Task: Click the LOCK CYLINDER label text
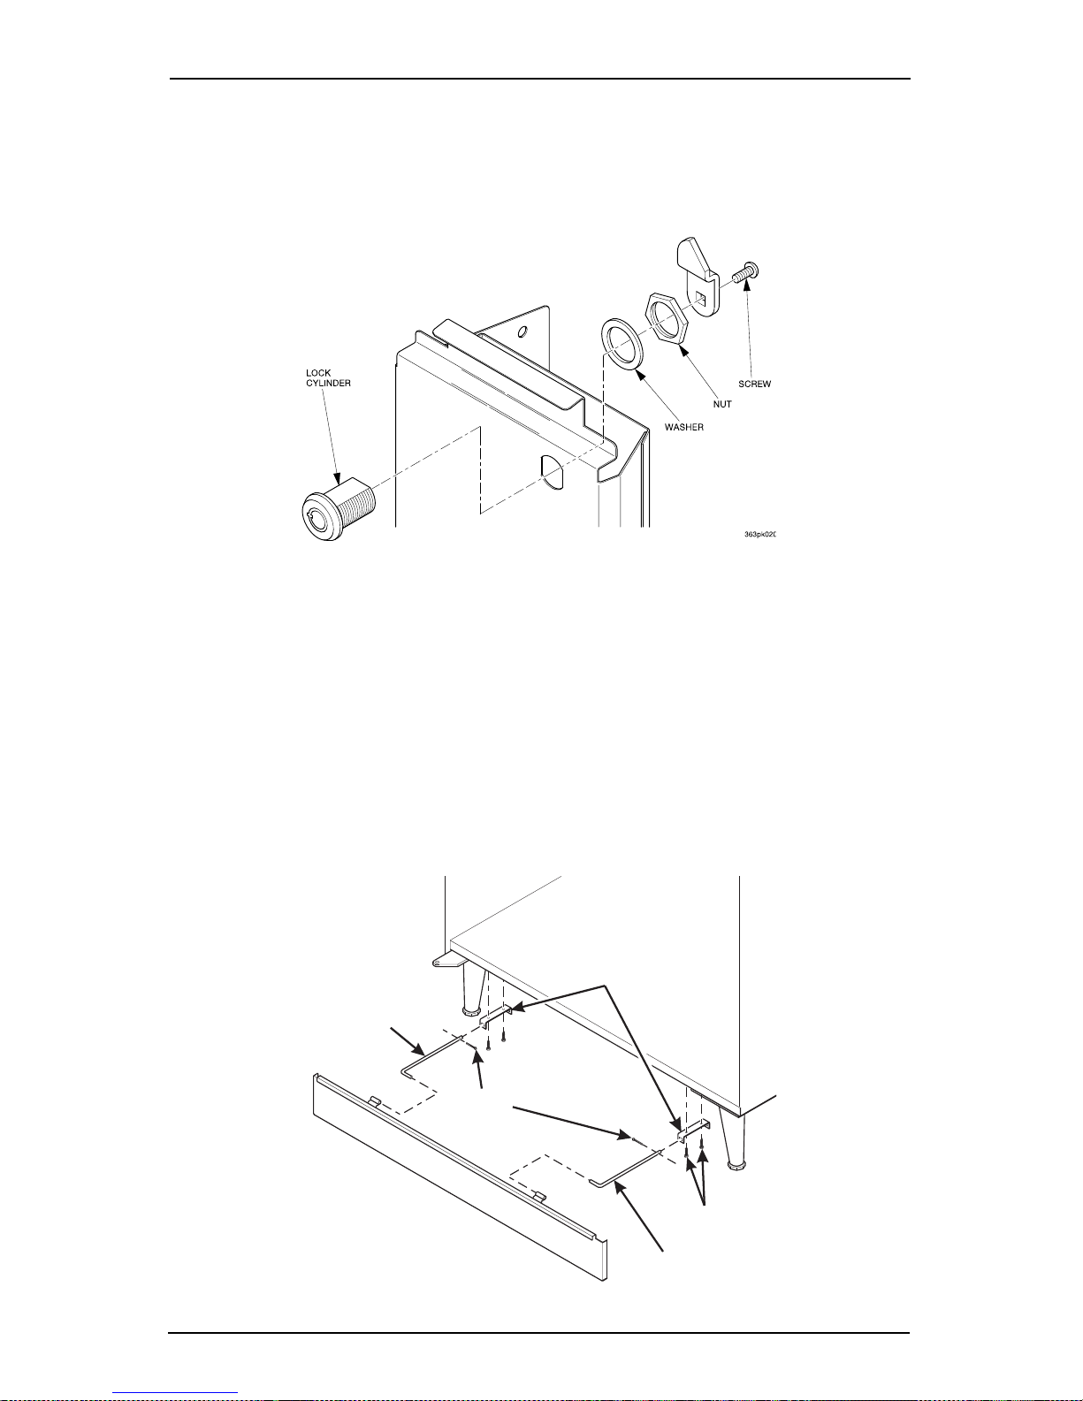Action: point(328,377)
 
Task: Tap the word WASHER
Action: point(684,427)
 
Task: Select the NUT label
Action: point(722,404)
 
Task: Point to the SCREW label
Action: point(754,384)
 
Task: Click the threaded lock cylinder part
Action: point(339,509)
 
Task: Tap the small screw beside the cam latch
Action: point(745,273)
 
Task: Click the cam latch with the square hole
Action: point(698,277)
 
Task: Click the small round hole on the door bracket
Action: point(523,332)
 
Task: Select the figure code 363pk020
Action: point(760,535)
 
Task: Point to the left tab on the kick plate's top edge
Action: point(375,1100)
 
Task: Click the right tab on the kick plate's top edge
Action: point(539,1197)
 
